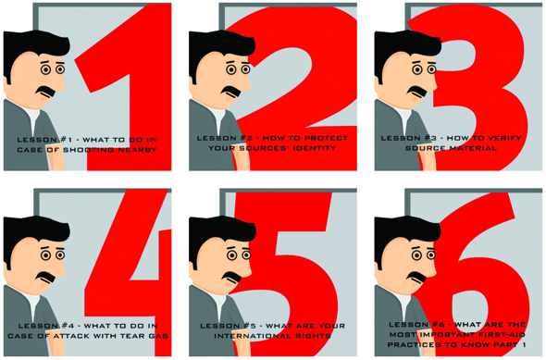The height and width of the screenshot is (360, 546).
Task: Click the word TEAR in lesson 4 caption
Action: [x=132, y=336]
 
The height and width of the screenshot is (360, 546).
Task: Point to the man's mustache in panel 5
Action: [x=231, y=277]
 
